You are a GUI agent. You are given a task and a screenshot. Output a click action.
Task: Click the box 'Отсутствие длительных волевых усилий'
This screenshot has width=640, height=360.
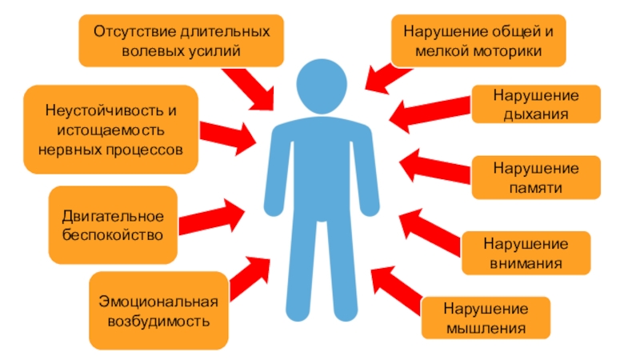[x=181, y=40]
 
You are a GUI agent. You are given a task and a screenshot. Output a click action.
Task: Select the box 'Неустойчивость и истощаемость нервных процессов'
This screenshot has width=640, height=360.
[x=110, y=130]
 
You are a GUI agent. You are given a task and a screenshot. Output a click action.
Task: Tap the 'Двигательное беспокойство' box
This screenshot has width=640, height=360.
[x=113, y=226]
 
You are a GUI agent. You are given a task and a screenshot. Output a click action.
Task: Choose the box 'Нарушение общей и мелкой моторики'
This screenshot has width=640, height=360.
[x=478, y=40]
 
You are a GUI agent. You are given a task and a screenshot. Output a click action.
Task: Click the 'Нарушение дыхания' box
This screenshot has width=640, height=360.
[x=535, y=105]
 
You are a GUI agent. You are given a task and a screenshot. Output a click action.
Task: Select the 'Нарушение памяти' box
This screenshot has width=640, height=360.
[x=535, y=178]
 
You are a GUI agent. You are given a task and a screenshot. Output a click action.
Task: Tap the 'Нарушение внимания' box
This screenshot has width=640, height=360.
[x=526, y=253]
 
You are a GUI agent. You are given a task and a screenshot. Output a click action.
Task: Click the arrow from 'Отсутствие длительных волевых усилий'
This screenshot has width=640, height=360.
[x=248, y=86]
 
